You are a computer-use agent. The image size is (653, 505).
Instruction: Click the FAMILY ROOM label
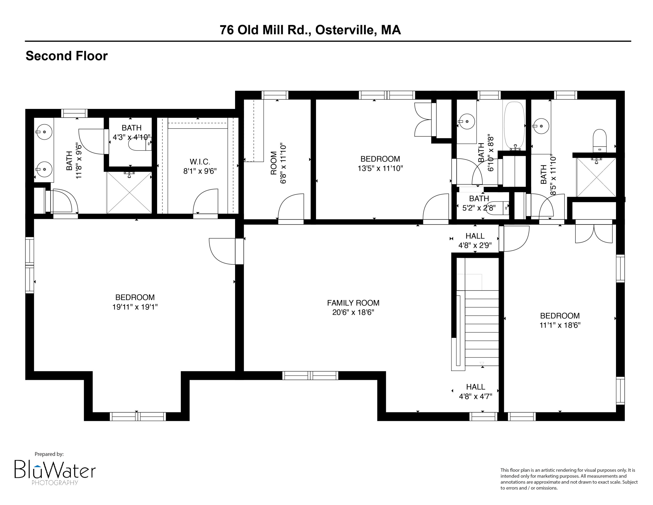[x=353, y=303]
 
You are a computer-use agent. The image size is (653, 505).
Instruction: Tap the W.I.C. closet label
[x=200, y=162]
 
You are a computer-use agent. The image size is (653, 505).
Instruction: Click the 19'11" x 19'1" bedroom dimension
[x=135, y=307]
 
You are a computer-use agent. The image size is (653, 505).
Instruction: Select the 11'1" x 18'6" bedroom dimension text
[x=560, y=325]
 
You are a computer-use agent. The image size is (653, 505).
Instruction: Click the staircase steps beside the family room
[x=481, y=328]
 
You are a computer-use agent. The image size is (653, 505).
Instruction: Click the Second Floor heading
[x=66, y=56]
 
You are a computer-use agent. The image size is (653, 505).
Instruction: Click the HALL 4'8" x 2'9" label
[x=475, y=241]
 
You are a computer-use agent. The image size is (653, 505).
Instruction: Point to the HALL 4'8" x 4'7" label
[x=475, y=391]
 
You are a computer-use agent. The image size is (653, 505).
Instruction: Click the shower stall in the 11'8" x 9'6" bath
[x=129, y=192]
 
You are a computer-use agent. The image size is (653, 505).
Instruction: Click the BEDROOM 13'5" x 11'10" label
[x=380, y=163]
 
